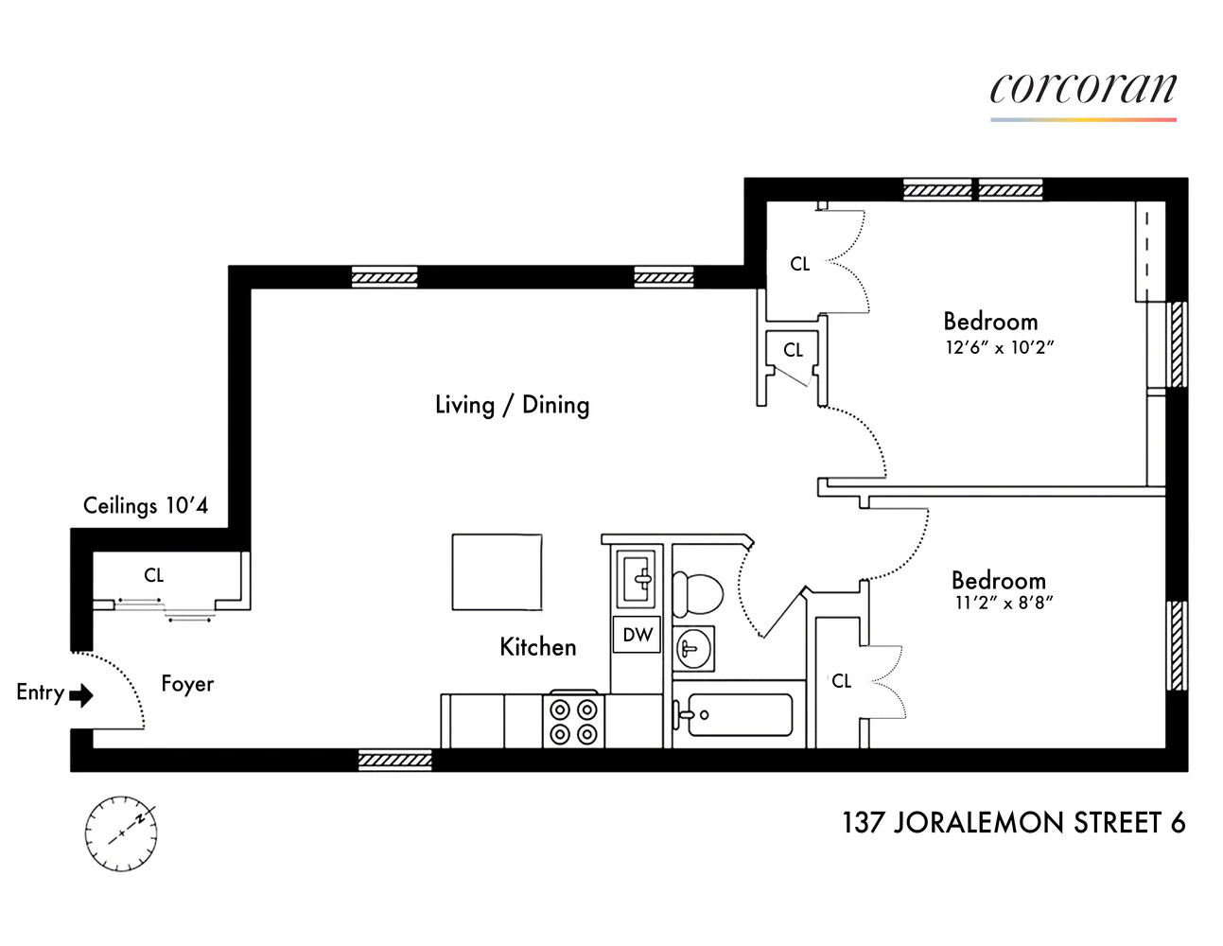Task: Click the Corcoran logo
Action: pos(1083,91)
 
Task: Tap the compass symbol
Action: pos(121,833)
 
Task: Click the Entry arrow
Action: pos(82,696)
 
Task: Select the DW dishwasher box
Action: pos(638,635)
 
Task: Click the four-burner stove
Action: pos(573,721)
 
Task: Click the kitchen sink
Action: pos(637,578)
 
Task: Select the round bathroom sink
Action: pos(692,649)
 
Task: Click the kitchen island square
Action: pos(497,572)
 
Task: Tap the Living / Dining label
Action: pos(512,405)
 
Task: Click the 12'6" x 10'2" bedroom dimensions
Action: pos(999,348)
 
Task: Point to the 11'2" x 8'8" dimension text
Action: pos(1004,603)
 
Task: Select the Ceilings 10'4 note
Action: pos(145,505)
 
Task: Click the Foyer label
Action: pos(187,683)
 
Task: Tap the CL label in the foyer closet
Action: pos(153,575)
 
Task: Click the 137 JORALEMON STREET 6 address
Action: pos(1013,823)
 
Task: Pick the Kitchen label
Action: pos(537,647)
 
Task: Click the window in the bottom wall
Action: pos(395,760)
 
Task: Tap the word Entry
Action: pos(40,692)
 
